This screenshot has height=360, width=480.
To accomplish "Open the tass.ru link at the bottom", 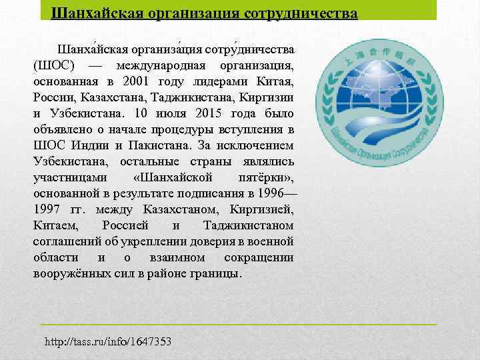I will [x=108, y=341].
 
